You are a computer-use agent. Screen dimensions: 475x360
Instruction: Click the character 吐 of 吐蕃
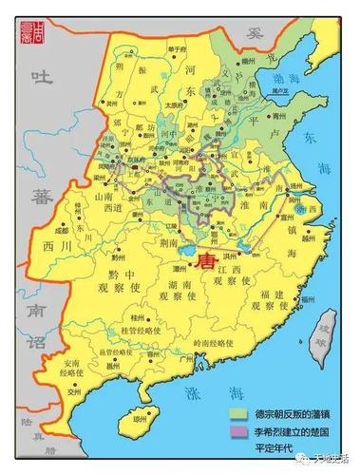[40, 77]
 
